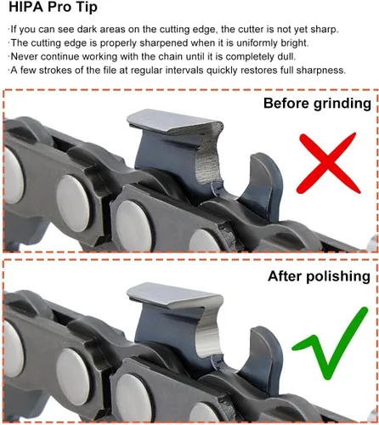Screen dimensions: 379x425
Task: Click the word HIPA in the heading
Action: point(25,7)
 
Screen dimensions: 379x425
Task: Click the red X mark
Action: point(328,163)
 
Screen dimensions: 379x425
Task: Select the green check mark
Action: point(331,343)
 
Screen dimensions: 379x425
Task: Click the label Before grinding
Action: point(317,104)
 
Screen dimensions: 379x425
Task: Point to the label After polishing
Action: point(320,276)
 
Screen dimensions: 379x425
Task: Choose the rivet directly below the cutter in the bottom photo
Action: point(133,398)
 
